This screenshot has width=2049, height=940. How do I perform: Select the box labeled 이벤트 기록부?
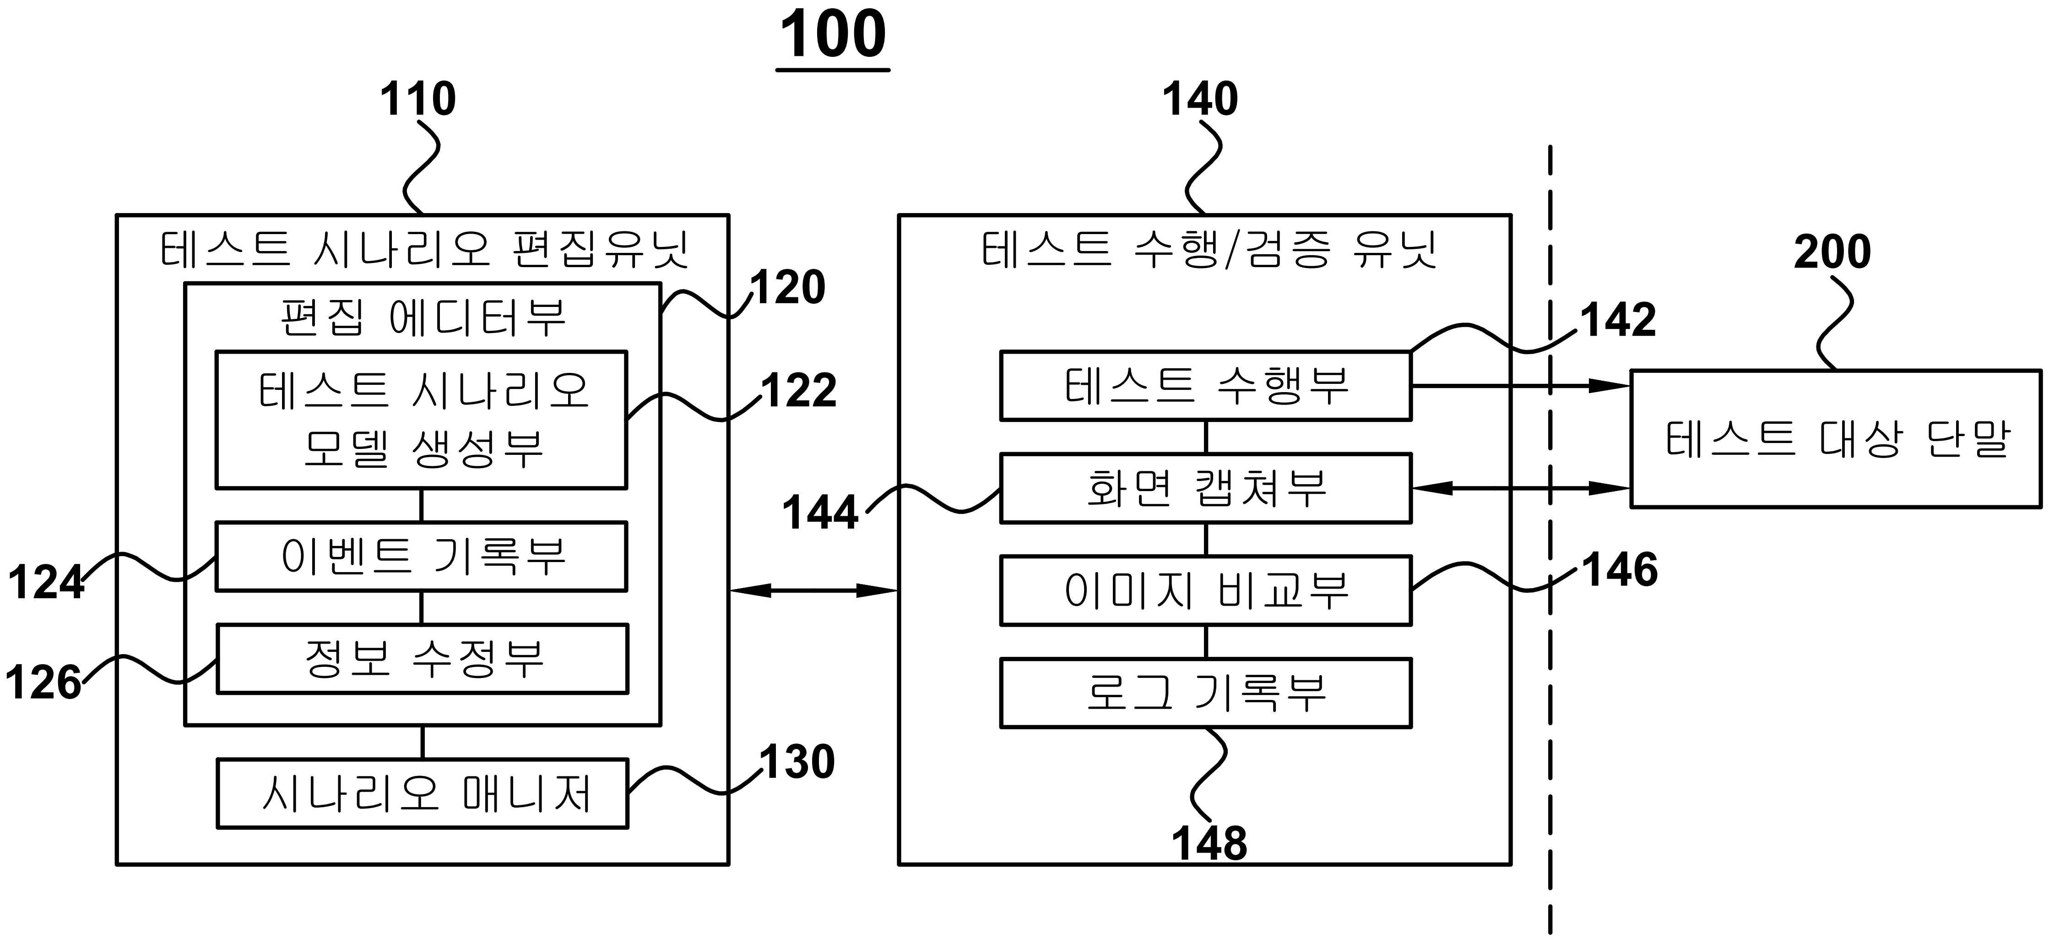(422, 557)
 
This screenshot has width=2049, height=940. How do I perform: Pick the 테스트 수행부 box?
(1205, 386)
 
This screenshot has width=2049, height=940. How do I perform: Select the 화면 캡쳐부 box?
(1205, 488)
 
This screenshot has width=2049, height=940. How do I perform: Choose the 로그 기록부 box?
(1205, 693)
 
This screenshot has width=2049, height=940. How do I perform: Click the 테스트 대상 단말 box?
(1836, 438)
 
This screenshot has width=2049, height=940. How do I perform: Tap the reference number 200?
(1832, 252)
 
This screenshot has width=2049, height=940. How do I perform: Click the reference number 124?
(46, 583)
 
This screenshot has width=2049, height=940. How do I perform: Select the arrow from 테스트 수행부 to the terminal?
(1519, 386)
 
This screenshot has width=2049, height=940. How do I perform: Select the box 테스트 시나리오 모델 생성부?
(422, 420)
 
